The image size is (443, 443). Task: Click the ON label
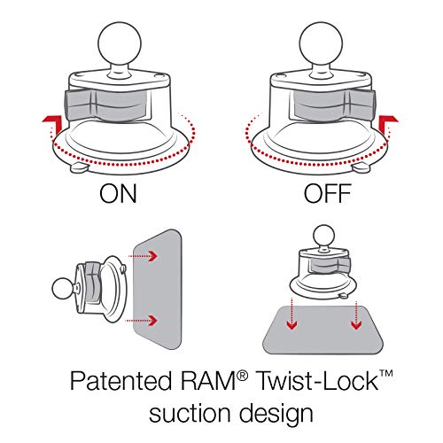118,193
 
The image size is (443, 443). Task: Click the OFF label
328,193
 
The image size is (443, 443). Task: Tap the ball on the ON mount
120,43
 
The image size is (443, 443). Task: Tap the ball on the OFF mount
321,43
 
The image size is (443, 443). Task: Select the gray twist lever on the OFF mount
333,105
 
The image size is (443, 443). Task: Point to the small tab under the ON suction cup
80,168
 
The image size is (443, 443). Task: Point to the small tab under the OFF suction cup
361,168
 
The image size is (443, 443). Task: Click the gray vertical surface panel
158,289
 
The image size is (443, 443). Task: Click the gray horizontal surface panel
323,330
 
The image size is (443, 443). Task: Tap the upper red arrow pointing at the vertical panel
143,256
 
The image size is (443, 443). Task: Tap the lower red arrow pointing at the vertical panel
141,320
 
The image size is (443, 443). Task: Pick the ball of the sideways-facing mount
64,288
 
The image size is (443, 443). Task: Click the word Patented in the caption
120,381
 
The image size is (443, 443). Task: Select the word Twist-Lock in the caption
318,380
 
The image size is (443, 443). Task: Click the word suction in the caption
190,413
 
